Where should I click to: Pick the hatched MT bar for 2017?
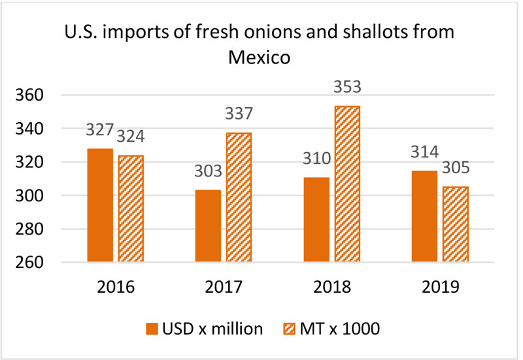click(x=237, y=198)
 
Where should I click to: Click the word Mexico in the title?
click(x=261, y=57)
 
